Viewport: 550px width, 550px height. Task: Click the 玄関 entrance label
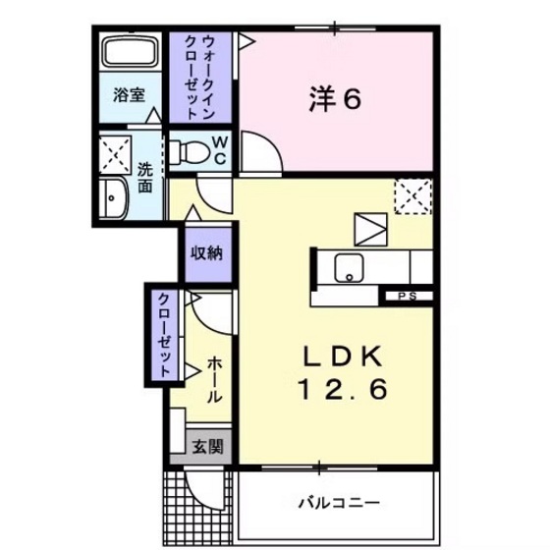206,448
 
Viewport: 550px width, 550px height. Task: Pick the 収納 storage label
206,252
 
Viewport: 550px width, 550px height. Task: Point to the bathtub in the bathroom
132,55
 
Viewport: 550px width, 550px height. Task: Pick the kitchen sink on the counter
349,266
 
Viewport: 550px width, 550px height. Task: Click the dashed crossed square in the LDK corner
412,196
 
